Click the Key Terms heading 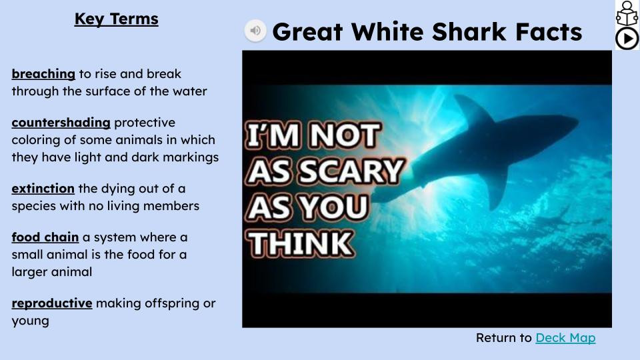coord(116,19)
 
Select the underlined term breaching coord(43,74)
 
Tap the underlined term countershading coord(61,123)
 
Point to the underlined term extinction coord(43,189)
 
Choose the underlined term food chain coord(45,237)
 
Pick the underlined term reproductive coord(52,303)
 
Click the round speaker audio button coord(255,31)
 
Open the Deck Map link coord(565,338)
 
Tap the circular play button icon coord(627,39)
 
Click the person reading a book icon coord(627,13)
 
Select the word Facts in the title coord(549,32)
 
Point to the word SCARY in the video coord(352,171)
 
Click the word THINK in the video coord(301,244)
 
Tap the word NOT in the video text coord(345,135)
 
